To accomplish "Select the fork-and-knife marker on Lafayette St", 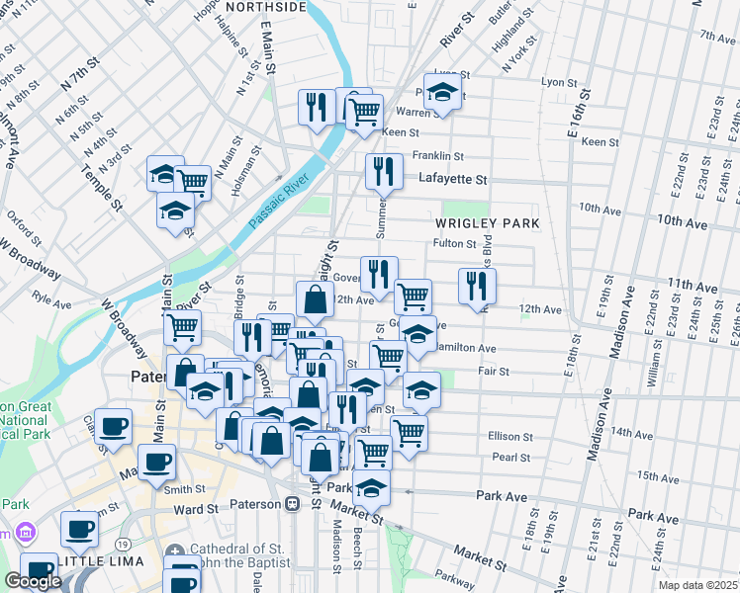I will pyautogui.click(x=383, y=171).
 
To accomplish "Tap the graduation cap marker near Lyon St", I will pyautogui.click(x=442, y=93).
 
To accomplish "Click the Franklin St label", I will pyautogui.click(x=438, y=155).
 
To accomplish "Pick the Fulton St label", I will pyautogui.click(x=455, y=243).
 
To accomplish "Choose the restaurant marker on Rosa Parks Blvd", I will pyautogui.click(x=478, y=287).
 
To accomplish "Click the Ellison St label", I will pyautogui.click(x=510, y=436).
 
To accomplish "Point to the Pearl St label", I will pyautogui.click(x=511, y=458).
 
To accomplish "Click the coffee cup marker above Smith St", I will pyautogui.click(x=156, y=462).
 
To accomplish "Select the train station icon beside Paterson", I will pyautogui.click(x=292, y=504).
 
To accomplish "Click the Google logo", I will pyautogui.click(x=33, y=581).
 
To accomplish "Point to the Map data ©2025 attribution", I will pyautogui.click(x=697, y=585).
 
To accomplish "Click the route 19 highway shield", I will pyautogui.click(x=123, y=544).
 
